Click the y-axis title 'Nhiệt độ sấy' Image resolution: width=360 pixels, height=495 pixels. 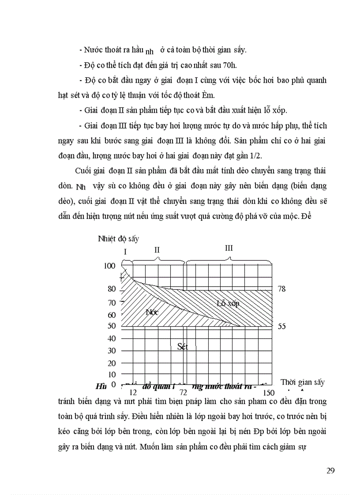[118, 239]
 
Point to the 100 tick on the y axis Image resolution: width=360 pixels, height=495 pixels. [109, 265]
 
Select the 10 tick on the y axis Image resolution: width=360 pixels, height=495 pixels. [112, 374]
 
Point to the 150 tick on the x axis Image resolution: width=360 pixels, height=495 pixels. [268, 392]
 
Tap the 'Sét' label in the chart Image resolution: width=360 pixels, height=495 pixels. [182, 346]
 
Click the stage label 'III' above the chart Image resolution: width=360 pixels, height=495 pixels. [229, 248]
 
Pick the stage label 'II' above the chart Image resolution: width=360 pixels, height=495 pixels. [157, 249]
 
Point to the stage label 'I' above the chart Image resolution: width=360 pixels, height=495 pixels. [125, 252]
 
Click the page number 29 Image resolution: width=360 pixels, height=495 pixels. [330, 470]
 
